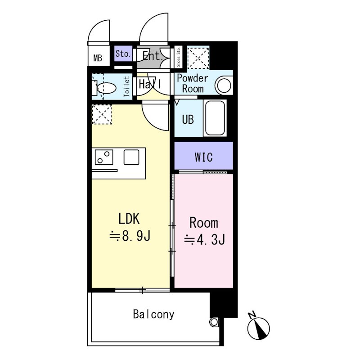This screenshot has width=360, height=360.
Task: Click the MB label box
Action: click(x=98, y=58)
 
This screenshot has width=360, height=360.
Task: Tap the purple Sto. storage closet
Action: click(x=123, y=54)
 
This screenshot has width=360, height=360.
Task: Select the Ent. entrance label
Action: click(x=152, y=56)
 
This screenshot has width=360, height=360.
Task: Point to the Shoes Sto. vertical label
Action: click(x=179, y=57)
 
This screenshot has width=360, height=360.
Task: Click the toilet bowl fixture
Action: click(x=106, y=87)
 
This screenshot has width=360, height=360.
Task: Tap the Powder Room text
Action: click(x=193, y=83)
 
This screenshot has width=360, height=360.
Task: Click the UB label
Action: click(x=188, y=120)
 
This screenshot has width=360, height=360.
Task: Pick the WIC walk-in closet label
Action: click(x=203, y=157)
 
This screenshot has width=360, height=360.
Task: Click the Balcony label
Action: click(x=153, y=314)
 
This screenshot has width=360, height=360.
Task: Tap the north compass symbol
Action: click(x=258, y=327)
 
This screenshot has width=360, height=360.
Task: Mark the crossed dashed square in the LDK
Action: click(x=102, y=114)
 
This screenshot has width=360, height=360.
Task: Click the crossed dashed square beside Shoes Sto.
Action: click(x=198, y=57)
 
